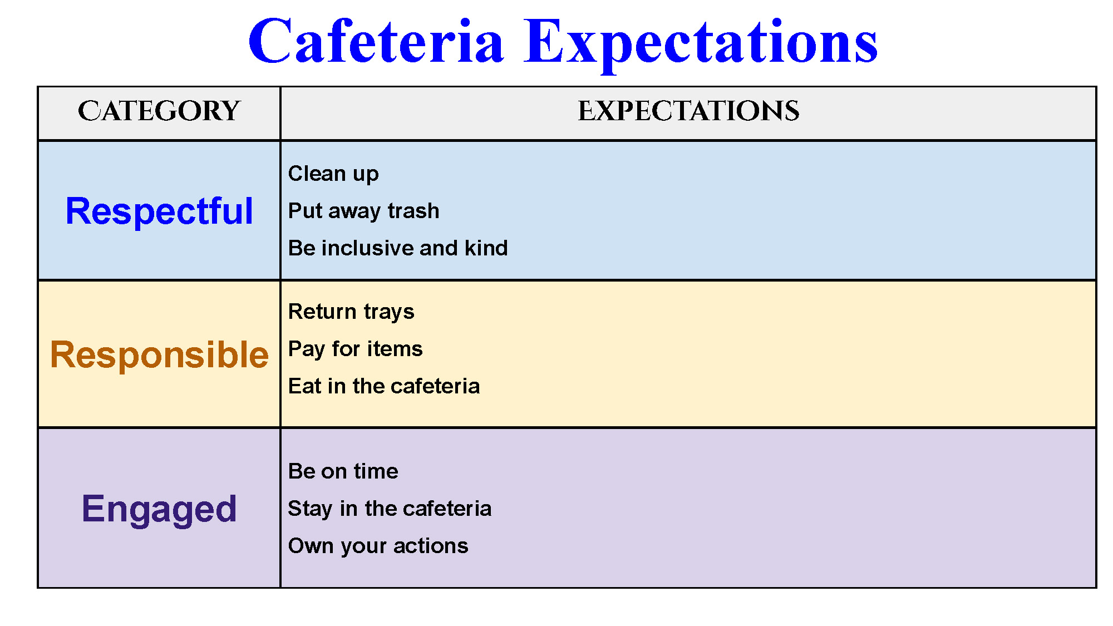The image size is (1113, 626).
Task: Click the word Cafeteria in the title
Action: [x=376, y=41]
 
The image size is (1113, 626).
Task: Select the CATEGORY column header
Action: [x=159, y=111]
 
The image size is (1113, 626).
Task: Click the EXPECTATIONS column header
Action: [x=689, y=111]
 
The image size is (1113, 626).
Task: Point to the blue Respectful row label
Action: [x=159, y=211]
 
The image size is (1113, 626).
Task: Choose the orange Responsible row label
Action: [x=159, y=355]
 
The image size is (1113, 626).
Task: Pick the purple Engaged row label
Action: [x=159, y=509]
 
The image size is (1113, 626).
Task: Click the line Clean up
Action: [x=333, y=174]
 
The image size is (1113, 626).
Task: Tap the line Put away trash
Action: [x=364, y=211]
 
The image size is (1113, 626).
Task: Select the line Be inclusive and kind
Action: [x=398, y=248]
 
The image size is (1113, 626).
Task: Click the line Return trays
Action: [x=351, y=312]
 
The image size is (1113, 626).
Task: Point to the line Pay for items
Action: [x=356, y=349]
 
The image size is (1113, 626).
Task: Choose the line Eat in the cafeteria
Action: [x=384, y=386]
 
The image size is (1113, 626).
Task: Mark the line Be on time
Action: [x=343, y=471]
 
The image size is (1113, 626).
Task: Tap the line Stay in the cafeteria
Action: [x=390, y=509]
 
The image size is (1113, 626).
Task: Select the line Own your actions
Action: [x=378, y=546]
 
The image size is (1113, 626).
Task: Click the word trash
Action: [x=413, y=211]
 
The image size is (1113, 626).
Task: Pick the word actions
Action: [x=431, y=546]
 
